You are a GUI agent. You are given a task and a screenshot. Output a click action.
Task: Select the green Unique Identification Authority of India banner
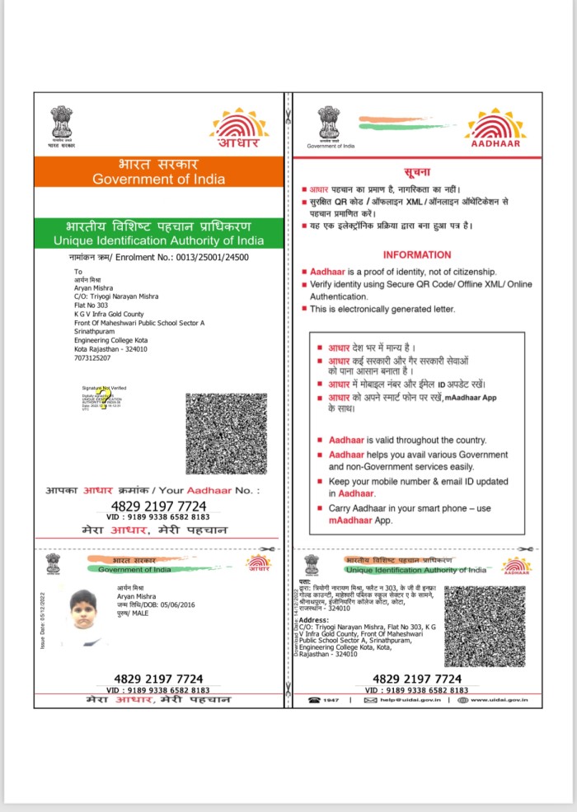158,233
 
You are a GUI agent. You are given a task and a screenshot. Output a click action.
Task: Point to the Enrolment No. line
158,258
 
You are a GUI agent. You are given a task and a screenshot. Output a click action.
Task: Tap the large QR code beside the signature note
226,433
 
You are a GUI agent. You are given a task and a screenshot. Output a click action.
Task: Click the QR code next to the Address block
496,626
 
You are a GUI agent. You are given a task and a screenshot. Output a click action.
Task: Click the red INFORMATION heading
417,255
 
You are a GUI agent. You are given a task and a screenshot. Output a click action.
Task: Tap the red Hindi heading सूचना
417,172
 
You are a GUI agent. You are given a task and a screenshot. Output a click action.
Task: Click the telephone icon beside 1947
315,700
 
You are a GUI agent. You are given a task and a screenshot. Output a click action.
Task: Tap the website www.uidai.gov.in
499,700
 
